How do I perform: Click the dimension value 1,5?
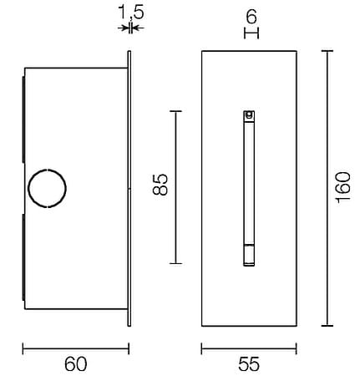coord(131,13)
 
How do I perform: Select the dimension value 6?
coord(251,17)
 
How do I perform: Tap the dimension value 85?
coord(160,185)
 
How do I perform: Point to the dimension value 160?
coord(342,188)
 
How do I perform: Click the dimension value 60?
coord(76,364)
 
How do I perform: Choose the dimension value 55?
coord(249,364)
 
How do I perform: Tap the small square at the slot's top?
coord(249,114)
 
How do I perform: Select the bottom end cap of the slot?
coord(249,255)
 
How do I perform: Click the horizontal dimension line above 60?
coord(76,348)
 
